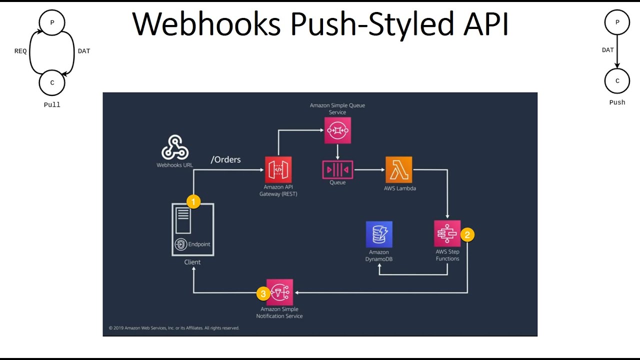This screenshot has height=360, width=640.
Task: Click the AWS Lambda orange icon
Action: (x=399, y=170)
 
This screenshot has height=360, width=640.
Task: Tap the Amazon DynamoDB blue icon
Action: (x=379, y=234)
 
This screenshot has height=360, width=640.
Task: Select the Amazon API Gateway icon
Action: (x=278, y=170)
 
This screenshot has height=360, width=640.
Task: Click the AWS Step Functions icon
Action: (x=447, y=233)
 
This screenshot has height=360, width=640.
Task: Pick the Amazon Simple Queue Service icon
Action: (x=337, y=130)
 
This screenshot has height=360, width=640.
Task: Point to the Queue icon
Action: (x=337, y=170)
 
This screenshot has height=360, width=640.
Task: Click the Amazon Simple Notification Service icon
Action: (x=280, y=292)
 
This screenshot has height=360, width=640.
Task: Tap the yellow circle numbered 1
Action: (x=193, y=201)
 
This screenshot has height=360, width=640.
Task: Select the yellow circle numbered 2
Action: (x=467, y=234)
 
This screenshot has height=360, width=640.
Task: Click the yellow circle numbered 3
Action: (x=263, y=293)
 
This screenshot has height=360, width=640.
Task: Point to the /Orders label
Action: (x=226, y=159)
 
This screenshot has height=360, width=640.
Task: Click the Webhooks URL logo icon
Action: (x=174, y=147)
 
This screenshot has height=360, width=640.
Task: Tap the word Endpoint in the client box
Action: (x=199, y=244)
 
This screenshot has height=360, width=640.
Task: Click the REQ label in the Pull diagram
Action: (x=20, y=51)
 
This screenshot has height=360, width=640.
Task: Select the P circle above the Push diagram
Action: (x=617, y=22)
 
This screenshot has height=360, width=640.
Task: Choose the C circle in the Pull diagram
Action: (x=52, y=83)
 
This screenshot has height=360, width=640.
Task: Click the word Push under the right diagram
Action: (x=617, y=102)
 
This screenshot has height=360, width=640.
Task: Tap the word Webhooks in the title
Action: (x=206, y=24)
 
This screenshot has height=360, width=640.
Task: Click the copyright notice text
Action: (x=174, y=328)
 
